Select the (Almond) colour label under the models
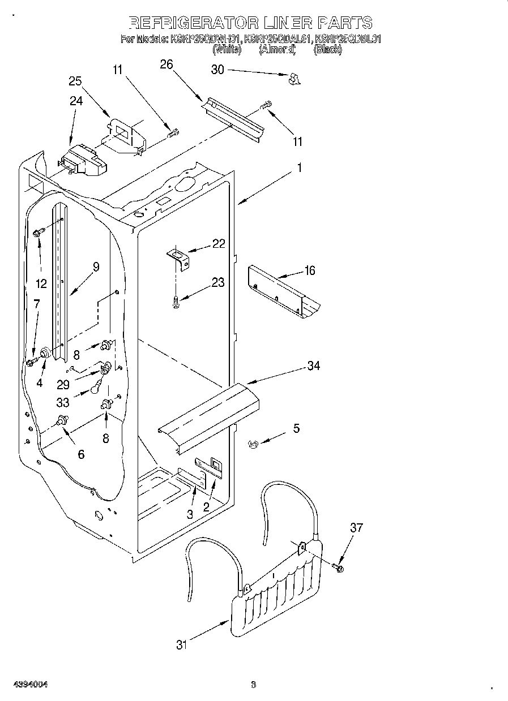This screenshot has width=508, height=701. pyautogui.click(x=278, y=50)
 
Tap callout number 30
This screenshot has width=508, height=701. pyautogui.click(x=217, y=70)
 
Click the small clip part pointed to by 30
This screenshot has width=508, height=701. pyautogui.click(x=293, y=79)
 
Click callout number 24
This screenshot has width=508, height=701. pyautogui.click(x=76, y=101)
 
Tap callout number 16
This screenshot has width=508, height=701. pyautogui.click(x=310, y=270)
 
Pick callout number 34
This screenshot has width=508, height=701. pyautogui.click(x=313, y=365)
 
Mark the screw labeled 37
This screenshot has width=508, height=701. pyautogui.click(x=338, y=566)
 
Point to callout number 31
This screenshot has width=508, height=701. pyautogui.click(x=181, y=644)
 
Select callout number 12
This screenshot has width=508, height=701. pyautogui.click(x=41, y=283)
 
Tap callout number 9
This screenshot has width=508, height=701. pyautogui.click(x=96, y=267)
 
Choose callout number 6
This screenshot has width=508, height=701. pyautogui.click(x=81, y=454)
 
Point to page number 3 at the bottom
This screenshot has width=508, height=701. pyautogui.click(x=253, y=685)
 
